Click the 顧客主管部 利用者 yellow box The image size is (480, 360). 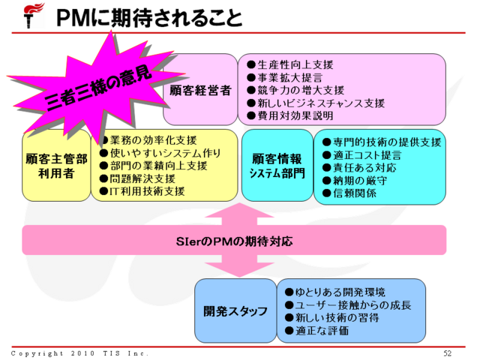click(x=55, y=166)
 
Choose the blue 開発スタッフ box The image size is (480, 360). click(x=235, y=310)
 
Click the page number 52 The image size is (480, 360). click(x=447, y=352)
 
